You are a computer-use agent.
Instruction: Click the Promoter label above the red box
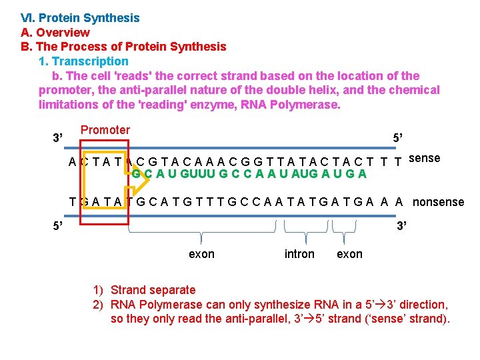coord(105,130)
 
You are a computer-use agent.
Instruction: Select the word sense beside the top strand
coord(424,158)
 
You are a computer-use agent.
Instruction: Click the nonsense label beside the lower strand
coord(439,201)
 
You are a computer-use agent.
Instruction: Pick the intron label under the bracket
coord(299,254)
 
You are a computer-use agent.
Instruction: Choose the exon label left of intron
coord(202,254)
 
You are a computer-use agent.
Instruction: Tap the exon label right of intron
coord(350,254)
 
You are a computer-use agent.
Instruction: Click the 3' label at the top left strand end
coord(58,138)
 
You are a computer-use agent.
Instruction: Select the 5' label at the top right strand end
coord(398,137)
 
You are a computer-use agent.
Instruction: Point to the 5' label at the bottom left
coord(58,225)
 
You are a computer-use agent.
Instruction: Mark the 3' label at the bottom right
coord(402,225)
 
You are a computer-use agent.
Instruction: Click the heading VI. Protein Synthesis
coord(80,18)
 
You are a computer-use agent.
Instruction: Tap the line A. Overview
coord(55,32)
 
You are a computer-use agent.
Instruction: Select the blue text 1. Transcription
coord(81,61)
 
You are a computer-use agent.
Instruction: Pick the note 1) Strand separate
coord(145,290)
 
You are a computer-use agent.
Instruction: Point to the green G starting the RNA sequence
coord(135,174)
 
